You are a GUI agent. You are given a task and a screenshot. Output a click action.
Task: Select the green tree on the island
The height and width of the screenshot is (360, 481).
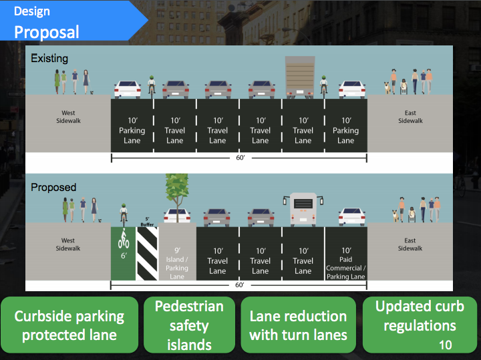177,190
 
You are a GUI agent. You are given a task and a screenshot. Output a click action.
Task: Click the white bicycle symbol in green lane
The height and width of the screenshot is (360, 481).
123,240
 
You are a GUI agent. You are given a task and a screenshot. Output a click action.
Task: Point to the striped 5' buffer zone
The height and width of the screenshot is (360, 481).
147,252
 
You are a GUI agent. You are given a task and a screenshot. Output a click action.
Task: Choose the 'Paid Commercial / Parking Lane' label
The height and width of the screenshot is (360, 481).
345,264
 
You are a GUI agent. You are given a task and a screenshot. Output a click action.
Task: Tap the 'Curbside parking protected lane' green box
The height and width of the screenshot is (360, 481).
69,325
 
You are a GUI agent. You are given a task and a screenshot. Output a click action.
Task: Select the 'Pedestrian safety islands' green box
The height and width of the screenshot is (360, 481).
189,325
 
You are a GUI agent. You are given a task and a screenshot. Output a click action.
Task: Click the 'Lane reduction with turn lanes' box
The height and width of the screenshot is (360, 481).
298,325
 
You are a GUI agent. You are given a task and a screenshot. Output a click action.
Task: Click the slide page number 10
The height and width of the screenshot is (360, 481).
446,345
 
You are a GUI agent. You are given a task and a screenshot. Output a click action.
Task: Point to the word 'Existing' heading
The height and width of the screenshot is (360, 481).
49,59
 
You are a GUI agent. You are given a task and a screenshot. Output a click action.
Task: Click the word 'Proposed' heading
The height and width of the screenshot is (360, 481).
53,188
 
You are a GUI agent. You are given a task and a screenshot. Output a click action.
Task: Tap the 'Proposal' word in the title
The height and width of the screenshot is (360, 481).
47,31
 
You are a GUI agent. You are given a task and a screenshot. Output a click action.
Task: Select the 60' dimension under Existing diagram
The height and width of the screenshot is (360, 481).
238,158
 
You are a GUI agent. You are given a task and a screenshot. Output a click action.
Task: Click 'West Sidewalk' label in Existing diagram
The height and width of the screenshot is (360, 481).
68,117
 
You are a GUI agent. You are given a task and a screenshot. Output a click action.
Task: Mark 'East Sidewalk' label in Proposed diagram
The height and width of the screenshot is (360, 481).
410,244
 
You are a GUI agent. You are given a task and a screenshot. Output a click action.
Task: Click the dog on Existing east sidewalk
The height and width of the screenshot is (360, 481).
386,87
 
